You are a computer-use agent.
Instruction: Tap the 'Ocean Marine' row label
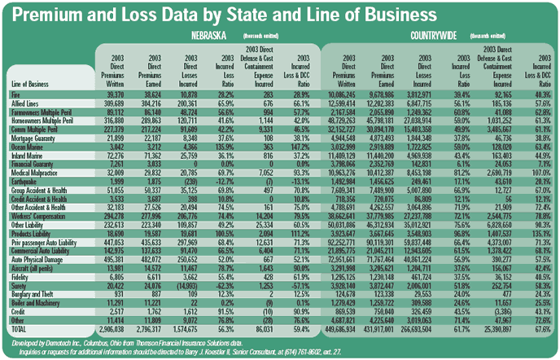pos(29,145)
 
